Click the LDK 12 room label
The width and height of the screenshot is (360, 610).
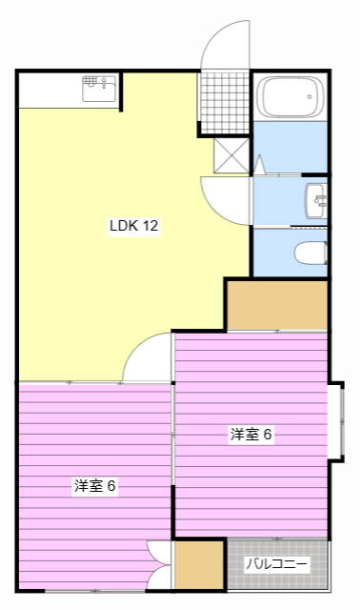134,226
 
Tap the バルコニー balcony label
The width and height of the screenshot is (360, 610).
277,563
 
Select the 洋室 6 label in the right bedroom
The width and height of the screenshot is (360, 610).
250,435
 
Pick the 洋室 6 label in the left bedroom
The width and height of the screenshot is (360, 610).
95,485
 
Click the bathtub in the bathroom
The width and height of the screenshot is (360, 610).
290,96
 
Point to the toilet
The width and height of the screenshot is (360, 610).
310,253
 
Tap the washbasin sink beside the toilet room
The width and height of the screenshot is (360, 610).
315,201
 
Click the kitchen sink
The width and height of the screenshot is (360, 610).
99,89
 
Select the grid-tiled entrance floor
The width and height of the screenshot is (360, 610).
225,103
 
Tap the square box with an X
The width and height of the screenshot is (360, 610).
231,155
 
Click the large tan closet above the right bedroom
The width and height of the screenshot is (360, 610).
277,305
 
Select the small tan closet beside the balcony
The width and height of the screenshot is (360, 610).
199,565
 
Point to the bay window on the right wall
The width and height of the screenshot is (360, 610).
337,421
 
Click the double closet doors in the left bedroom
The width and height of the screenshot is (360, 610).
159,565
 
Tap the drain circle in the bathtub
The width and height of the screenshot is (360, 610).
310,97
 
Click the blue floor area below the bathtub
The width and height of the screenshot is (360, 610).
290,147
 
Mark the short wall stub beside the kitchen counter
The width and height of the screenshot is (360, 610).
121,91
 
